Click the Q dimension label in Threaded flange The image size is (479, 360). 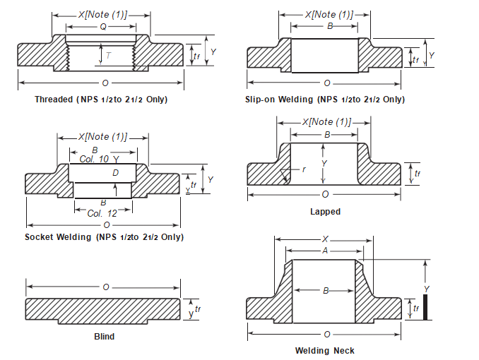coord(103,27)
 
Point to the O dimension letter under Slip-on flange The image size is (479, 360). coord(326,83)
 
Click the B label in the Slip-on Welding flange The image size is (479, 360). coord(329,26)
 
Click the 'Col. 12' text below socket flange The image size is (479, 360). coord(102,212)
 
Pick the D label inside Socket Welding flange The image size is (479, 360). coord(114,173)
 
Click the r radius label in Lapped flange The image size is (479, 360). coord(304,169)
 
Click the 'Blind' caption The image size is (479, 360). coord(104,337)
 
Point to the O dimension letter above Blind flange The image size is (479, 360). coord(105,287)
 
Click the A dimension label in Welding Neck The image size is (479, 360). coord(325,251)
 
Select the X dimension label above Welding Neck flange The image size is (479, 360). coord(325,239)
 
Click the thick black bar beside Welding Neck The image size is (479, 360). coord(425,308)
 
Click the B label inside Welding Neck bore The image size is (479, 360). coord(326,290)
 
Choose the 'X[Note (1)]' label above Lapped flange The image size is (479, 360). coord(326,122)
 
